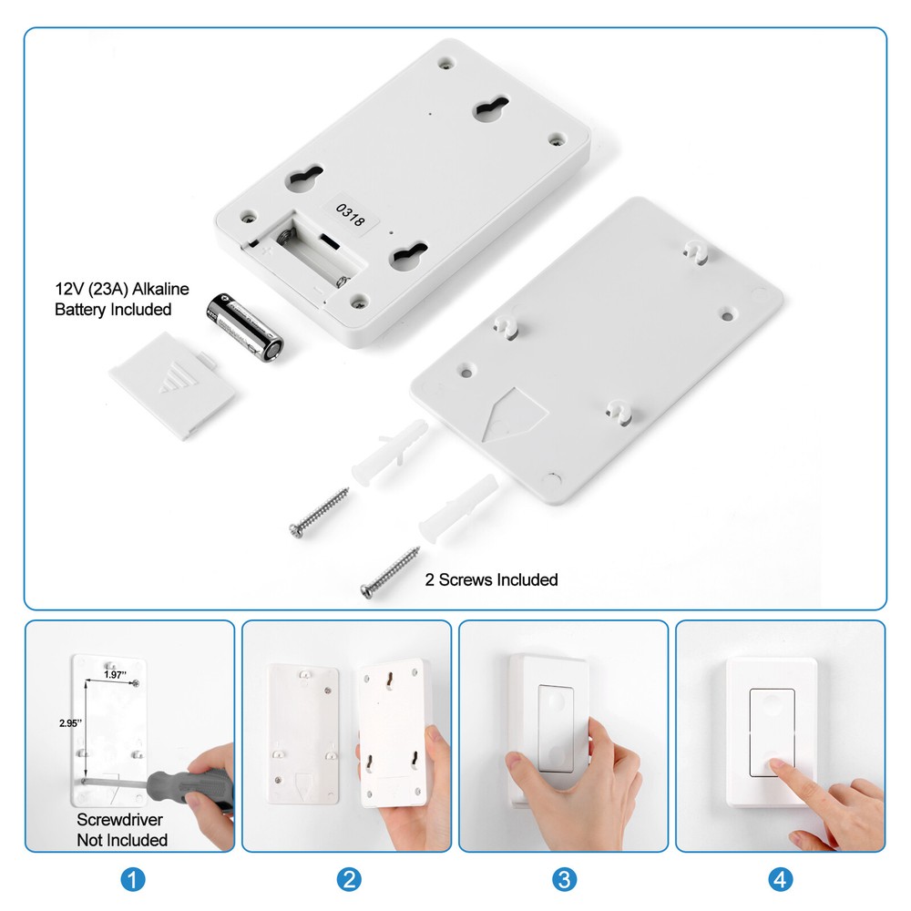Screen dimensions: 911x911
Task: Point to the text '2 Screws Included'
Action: (492, 579)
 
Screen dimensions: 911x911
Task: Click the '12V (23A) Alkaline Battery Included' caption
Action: (122, 300)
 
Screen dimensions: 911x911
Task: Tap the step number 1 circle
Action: (133, 879)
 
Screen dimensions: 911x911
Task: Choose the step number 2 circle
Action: (349, 879)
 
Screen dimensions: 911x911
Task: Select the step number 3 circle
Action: (564, 879)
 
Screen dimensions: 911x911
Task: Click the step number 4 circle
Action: (780, 879)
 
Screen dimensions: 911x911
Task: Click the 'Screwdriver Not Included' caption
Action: (122, 829)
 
